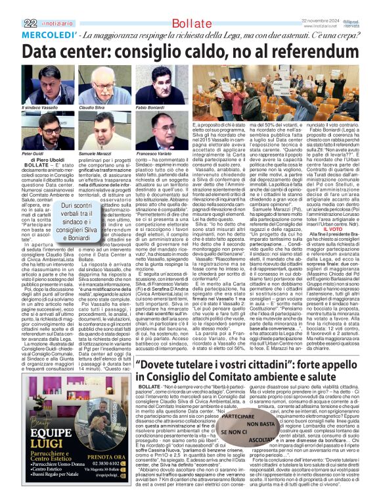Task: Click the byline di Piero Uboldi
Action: (43, 159)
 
